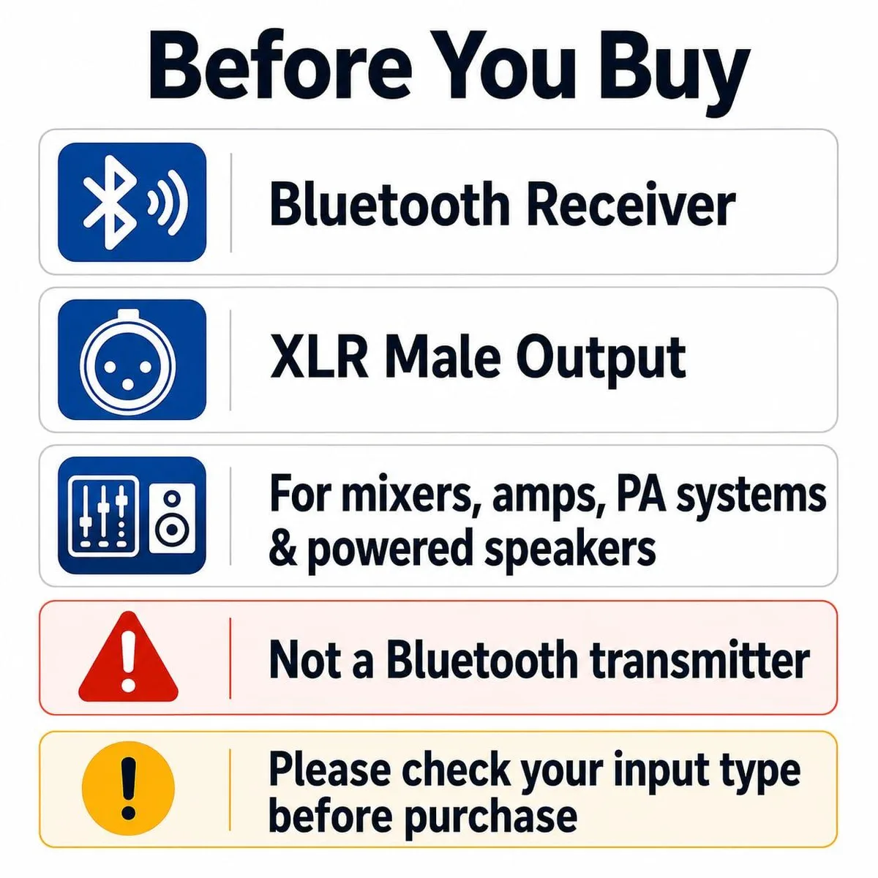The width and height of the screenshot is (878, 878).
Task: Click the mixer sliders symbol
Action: click(103, 516)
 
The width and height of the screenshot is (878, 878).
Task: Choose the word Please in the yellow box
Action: click(330, 766)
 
